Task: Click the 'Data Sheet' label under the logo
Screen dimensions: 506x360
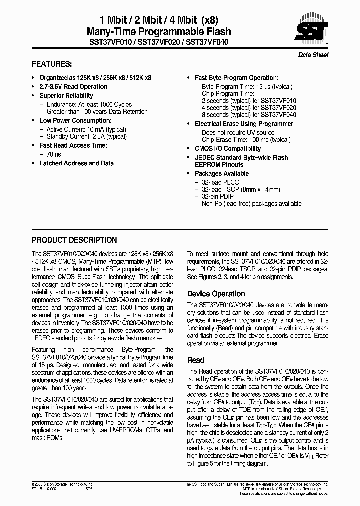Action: (313, 55)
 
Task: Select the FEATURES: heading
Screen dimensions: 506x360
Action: (52, 64)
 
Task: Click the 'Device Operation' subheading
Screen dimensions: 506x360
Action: (216, 294)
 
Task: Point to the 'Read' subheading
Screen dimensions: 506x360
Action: (195, 360)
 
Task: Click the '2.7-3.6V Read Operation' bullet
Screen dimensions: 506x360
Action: (73, 87)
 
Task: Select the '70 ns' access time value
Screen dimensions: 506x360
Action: (54, 155)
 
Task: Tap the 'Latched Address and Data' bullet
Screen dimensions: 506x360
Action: (76, 163)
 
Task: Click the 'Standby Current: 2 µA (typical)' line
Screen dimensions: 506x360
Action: (83, 137)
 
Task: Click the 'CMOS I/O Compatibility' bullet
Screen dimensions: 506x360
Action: (227, 149)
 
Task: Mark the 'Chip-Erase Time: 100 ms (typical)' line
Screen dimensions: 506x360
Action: (246, 140)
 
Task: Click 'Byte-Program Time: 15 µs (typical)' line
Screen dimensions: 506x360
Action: (247, 86)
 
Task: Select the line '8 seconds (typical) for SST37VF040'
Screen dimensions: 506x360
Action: (249, 114)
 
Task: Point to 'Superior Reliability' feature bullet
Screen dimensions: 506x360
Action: (66, 96)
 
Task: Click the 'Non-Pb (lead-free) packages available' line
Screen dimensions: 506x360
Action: (251, 203)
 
